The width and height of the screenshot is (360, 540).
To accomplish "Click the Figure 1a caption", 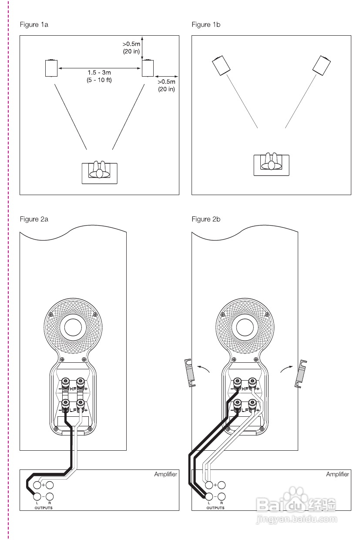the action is coord(34,24).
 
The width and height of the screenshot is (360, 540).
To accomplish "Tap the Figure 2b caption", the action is coord(206,219).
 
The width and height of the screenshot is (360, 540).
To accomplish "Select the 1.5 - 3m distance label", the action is coord(99,72).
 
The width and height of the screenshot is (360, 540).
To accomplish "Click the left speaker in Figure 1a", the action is coord(51,68).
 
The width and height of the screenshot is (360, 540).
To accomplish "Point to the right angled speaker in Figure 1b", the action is coord(321,65).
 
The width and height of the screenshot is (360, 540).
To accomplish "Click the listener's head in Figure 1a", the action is coord(100,174).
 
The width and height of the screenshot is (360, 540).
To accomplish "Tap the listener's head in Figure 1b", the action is coord(271,165).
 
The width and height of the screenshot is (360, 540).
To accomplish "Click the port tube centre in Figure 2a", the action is coord(73,327).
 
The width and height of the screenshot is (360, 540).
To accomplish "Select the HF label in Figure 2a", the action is coord(73,388).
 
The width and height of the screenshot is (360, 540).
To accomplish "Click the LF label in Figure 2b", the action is coord(245,410).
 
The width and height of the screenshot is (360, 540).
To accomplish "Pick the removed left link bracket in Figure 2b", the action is coord(190,373).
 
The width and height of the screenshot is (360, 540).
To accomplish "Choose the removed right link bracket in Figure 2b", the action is coord(300,374).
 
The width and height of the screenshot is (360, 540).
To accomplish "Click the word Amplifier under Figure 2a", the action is coord(166,474).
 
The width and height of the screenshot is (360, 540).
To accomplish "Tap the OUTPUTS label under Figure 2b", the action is coord(215,508).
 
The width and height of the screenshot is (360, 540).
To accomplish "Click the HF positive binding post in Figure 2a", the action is coord(80,382).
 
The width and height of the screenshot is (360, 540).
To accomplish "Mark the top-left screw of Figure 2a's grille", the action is coord(51,314).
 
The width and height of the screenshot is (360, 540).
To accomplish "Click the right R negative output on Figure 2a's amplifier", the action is coord(50,496).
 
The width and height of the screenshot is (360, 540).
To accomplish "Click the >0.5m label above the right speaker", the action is coord(131,44).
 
